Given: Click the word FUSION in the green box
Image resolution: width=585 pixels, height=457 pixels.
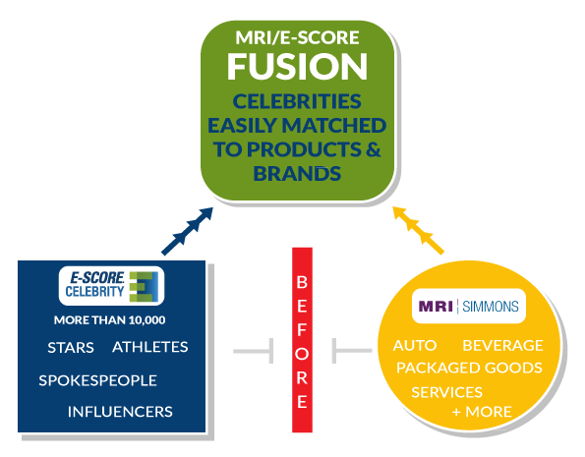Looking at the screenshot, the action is (297, 66).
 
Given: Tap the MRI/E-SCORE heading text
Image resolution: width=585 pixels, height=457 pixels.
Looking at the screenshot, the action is (297, 37).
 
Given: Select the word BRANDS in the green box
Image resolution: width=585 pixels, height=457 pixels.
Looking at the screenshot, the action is (297, 174).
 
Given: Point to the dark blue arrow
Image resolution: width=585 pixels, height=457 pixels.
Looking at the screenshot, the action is (187, 231).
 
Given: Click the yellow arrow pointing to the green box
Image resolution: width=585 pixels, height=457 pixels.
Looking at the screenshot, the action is (418, 230).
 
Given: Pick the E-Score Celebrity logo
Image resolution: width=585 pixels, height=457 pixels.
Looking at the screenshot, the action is (111, 286).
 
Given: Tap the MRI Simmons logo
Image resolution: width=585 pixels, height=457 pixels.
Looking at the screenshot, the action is (469, 307).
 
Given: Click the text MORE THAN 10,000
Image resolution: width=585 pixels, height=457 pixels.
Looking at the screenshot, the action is (110, 320).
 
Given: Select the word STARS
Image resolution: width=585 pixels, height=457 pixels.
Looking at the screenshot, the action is (71, 348).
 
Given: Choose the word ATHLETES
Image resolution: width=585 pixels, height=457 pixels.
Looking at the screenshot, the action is (150, 347).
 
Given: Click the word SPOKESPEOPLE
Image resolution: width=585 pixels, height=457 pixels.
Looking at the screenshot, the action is (97, 380).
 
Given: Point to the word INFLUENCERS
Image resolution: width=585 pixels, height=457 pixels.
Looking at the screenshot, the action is (120, 412).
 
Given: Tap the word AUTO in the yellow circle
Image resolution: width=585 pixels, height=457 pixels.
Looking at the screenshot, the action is (415, 346).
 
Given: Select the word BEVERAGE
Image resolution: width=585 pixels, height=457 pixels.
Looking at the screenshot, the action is (503, 346).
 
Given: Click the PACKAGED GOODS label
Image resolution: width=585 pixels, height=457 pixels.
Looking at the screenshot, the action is (469, 368).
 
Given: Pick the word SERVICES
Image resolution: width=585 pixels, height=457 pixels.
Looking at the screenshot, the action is (447, 392).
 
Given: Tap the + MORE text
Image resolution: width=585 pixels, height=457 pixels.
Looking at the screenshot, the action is (482, 412).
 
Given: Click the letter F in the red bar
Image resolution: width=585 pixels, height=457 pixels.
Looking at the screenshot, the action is (302, 330).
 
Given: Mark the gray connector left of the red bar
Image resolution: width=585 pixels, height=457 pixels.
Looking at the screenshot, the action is (254, 351).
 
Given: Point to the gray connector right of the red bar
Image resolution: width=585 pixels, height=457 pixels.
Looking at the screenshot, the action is (352, 351).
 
